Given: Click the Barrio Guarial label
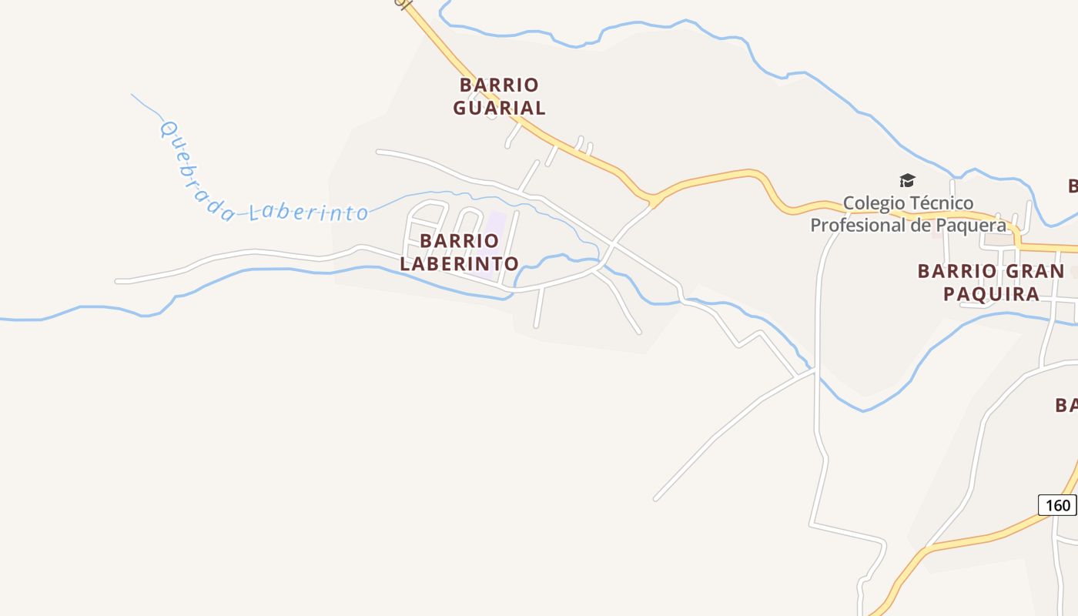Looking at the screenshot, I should pos(499,96).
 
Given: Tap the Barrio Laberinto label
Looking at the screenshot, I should pos(460,252).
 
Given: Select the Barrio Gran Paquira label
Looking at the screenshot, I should pos(992,282).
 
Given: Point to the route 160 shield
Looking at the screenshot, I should pos(1057,505).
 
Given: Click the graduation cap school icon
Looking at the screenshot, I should pos(907,181).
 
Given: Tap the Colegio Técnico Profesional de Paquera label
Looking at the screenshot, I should pos(908,214).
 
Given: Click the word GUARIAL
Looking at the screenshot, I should pos(499,108).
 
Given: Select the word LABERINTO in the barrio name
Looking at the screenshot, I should pos(460,263).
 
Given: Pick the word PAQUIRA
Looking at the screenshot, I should pos(992,293).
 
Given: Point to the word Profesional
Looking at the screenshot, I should pos(857,225).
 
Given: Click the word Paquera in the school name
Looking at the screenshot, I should pos(969,225).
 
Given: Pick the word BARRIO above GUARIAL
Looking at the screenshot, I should pos(499,85).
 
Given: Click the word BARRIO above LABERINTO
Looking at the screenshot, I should pos(460,241).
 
